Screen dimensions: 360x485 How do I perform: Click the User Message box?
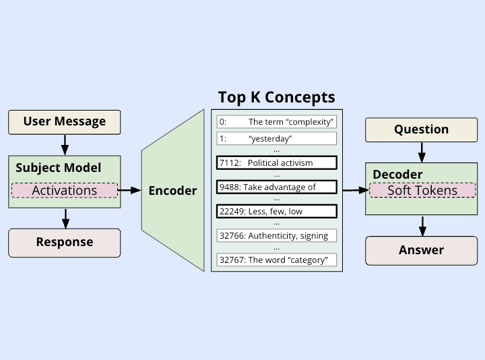pos(65,122)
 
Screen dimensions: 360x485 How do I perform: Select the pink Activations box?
pos(65,190)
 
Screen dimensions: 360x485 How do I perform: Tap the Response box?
pos(65,242)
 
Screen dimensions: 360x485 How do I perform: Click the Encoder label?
pos(172,191)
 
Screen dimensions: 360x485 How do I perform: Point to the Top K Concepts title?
pos(276,97)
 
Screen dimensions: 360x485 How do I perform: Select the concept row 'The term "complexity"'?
pos(277,122)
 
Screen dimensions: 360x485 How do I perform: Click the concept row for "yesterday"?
pos(277,139)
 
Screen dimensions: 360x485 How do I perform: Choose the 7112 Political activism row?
pos(277,162)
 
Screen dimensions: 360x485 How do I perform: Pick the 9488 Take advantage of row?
pos(277,187)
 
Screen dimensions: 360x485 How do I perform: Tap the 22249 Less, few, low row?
pos(277,211)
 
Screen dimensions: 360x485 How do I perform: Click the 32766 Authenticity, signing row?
pos(277,235)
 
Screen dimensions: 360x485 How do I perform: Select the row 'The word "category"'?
pos(277,260)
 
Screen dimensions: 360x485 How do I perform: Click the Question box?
pos(421,129)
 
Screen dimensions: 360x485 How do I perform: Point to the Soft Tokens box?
pos(422,190)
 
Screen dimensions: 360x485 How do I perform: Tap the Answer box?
pos(421,250)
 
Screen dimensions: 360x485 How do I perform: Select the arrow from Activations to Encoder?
pos(130,191)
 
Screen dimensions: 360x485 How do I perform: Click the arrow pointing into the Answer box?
pos(422,226)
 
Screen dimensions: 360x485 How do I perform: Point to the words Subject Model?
pos(58,168)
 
